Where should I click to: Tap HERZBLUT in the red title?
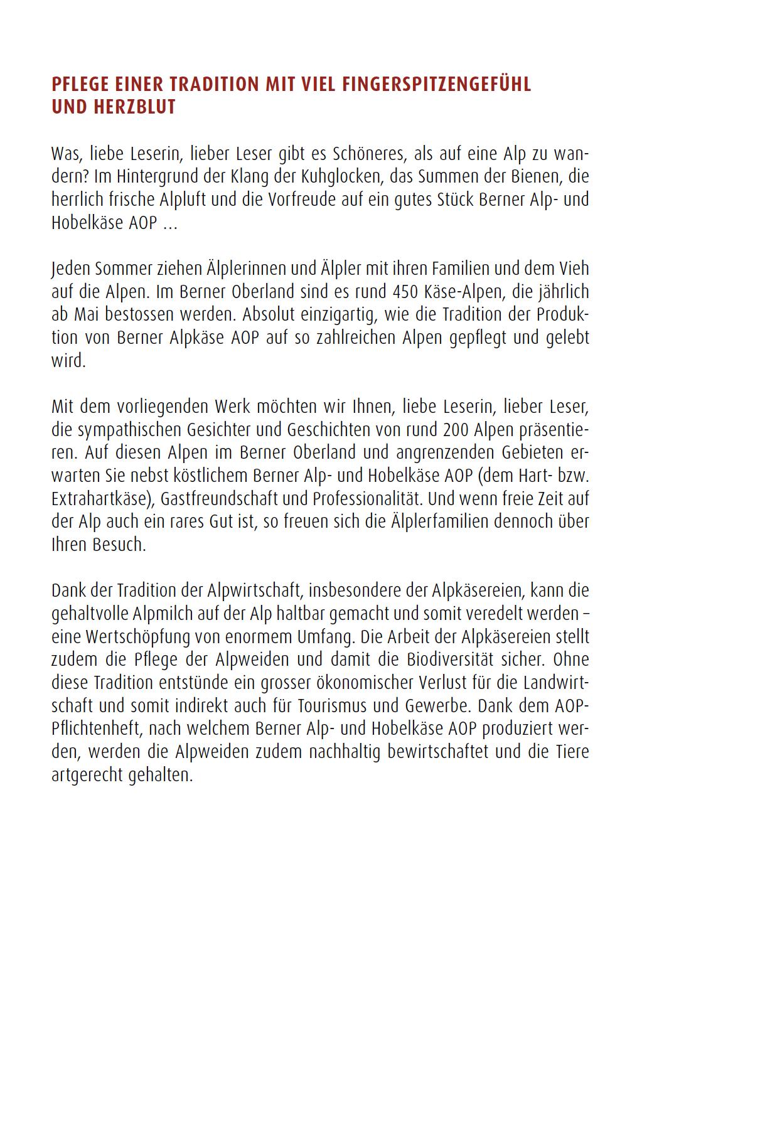[134, 107]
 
